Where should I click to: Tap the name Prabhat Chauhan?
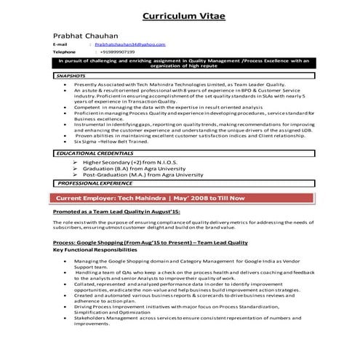click(x=82, y=36)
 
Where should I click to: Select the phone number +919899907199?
click(x=120, y=52)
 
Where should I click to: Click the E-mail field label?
click(x=60, y=44)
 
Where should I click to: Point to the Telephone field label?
click(x=64, y=52)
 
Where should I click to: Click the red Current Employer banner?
click(x=182, y=198)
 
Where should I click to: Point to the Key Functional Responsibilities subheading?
click(x=93, y=249)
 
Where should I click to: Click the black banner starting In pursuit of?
click(x=183, y=64)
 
